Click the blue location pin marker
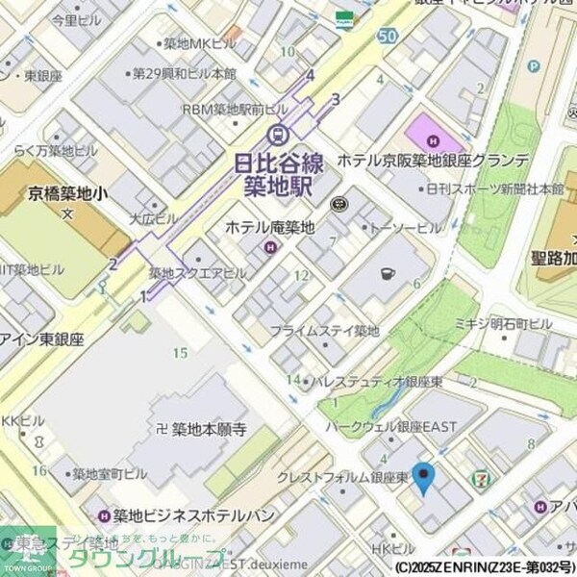(423, 477)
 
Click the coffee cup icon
(387, 273)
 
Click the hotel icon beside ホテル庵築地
(270, 248)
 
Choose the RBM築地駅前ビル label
(234, 111)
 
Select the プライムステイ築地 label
(324, 331)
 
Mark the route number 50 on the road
(387, 36)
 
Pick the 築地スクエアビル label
(197, 274)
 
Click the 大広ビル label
(152, 218)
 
